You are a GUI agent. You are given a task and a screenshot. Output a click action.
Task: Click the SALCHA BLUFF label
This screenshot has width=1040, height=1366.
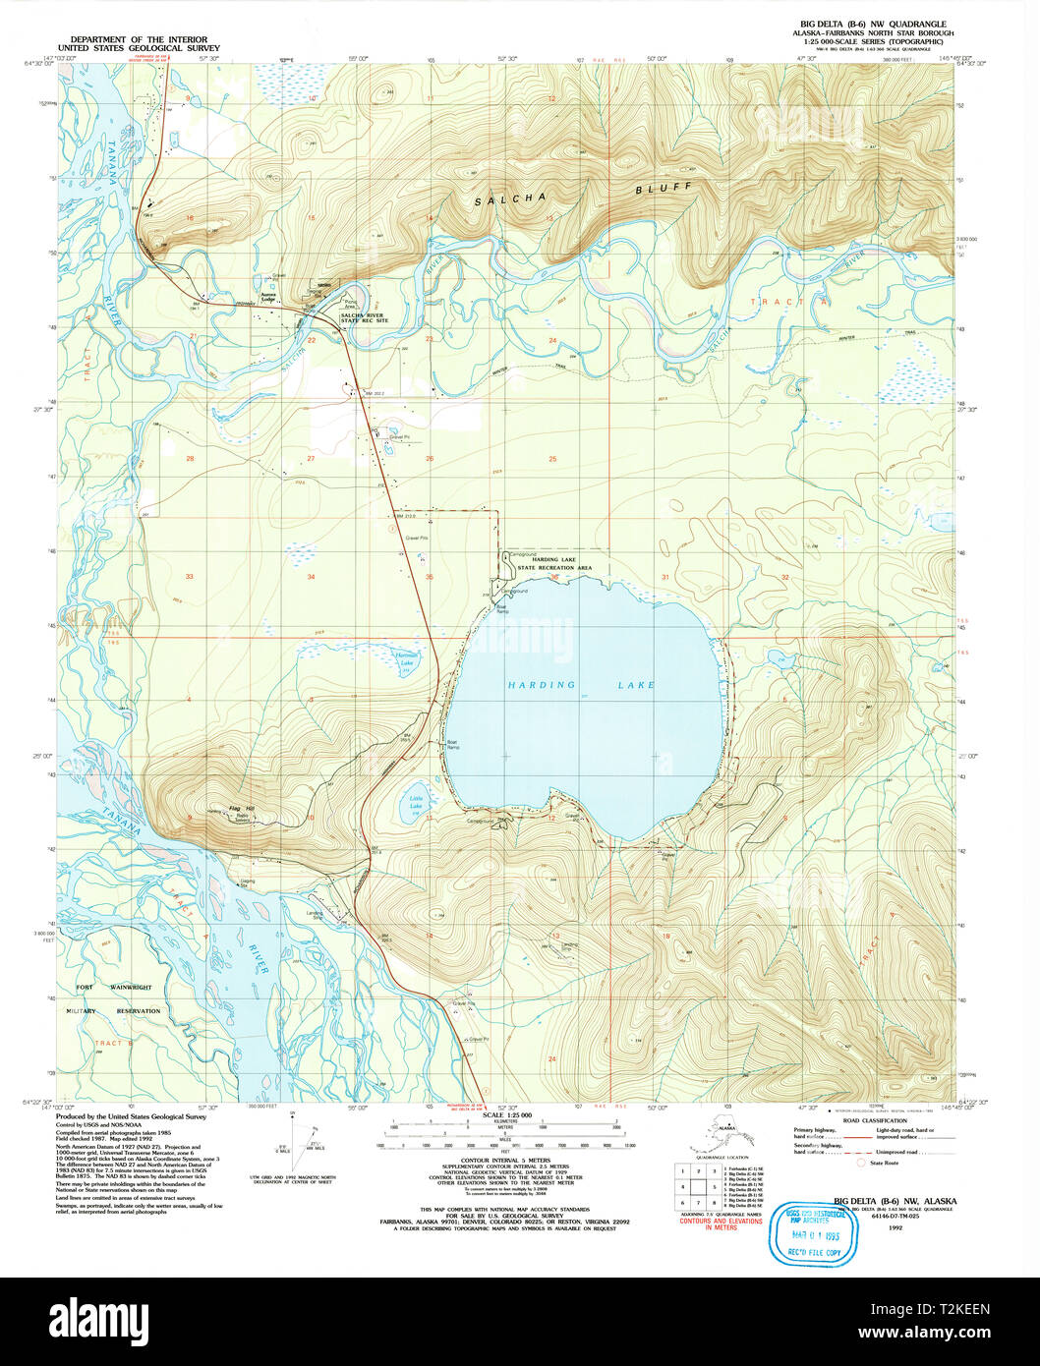[x=583, y=194]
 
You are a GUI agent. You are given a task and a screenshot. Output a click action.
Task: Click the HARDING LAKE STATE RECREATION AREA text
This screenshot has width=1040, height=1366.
[x=562, y=563]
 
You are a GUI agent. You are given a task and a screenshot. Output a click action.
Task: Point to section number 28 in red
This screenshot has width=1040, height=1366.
[x=190, y=459]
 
